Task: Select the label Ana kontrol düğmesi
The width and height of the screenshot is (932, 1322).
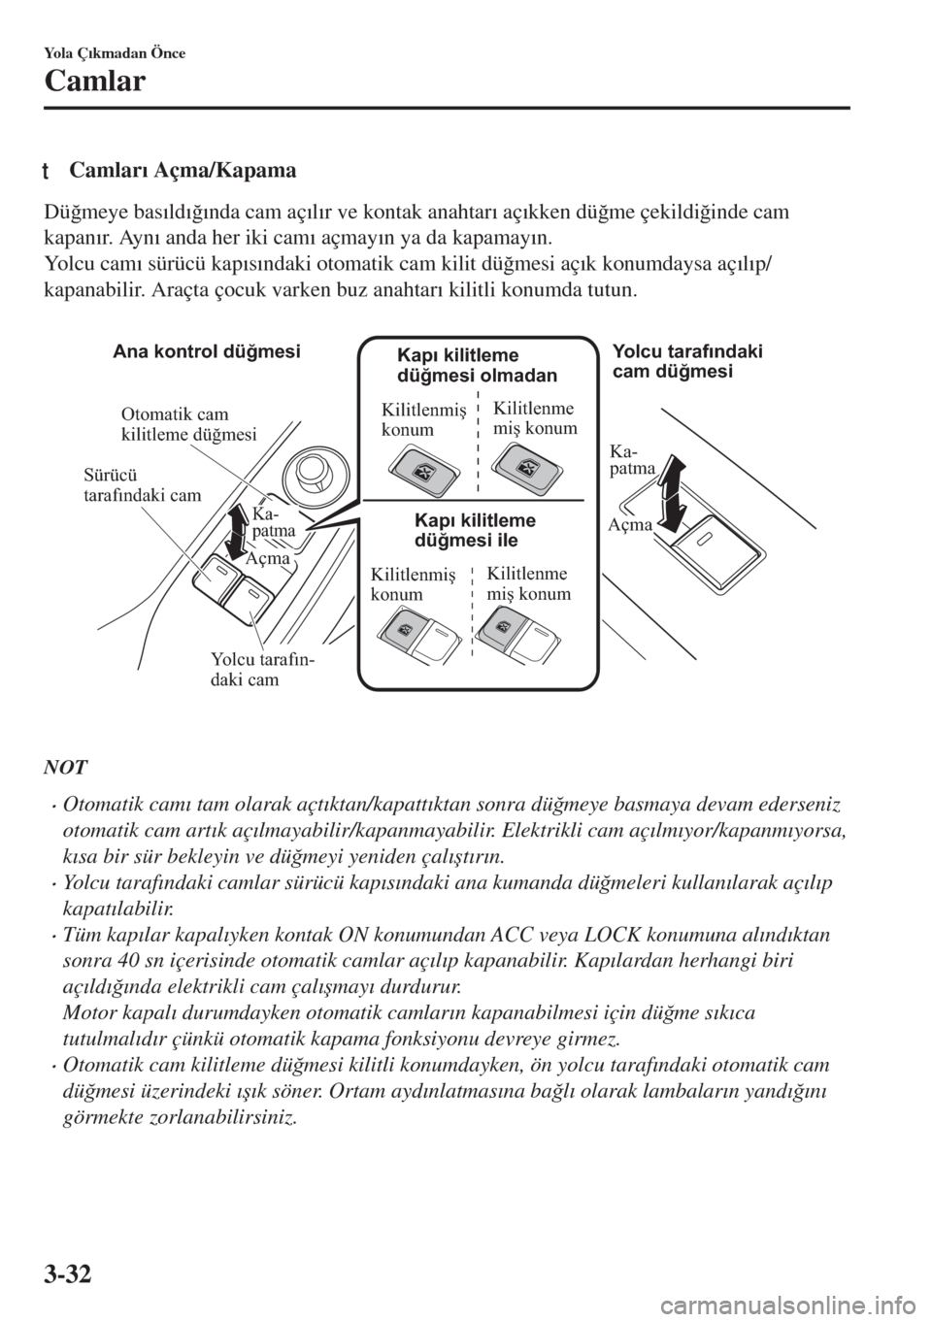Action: pyautogui.click(x=207, y=351)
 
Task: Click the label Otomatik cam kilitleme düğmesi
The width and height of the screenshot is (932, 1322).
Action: pyautogui.click(x=188, y=425)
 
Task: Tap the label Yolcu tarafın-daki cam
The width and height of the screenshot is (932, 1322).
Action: pyautogui.click(x=262, y=670)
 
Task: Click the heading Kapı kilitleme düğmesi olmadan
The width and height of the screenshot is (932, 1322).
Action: pyautogui.click(x=478, y=365)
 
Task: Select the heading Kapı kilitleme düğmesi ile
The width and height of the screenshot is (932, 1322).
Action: pyautogui.click(x=475, y=530)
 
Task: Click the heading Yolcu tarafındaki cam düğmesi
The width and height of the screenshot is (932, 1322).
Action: pyautogui.click(x=688, y=361)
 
